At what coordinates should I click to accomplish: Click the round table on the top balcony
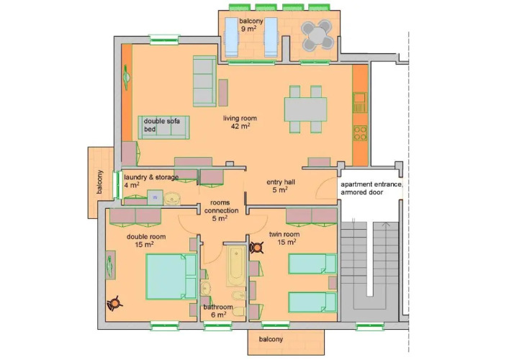coord(317,35)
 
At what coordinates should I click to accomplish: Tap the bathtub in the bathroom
coord(236,266)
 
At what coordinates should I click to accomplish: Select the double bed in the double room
coord(171,276)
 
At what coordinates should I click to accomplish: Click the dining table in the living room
coord(305,109)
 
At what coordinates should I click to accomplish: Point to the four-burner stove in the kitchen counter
coord(360,133)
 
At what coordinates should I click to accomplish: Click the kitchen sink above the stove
coord(360,102)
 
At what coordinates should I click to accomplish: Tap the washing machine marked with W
coord(155,197)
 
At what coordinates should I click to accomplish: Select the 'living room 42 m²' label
coord(240,122)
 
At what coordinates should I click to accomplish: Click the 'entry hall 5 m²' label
coord(281,186)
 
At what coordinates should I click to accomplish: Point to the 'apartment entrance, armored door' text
coord(371,188)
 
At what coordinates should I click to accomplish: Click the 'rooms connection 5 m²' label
coord(221,210)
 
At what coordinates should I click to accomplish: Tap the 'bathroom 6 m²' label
coord(218,310)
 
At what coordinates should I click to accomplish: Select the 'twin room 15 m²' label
coord(284,238)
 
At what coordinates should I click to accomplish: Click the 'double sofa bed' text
coord(162,125)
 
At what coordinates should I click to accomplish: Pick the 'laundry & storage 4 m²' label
coord(151,181)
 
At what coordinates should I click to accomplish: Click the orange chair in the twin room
coord(257,248)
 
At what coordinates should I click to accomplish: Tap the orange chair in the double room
coord(114,303)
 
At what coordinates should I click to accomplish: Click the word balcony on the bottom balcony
coord(271,339)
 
